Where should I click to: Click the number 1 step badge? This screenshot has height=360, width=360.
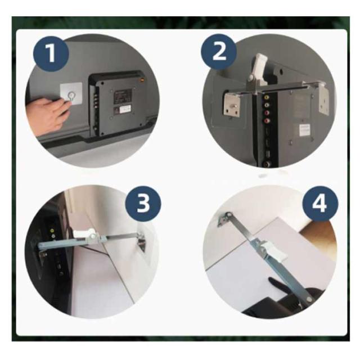click(x=51, y=53)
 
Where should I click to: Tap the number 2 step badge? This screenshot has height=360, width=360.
click(x=219, y=52)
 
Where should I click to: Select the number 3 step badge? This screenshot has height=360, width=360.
click(x=143, y=204)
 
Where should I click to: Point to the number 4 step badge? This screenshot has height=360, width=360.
click(x=320, y=204)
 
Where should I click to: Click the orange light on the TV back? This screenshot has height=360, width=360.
click(x=142, y=80)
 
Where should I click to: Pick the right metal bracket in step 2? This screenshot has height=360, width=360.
click(x=324, y=98)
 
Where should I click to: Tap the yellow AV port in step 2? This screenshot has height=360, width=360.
click(x=266, y=97)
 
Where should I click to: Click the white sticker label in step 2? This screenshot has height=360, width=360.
click(x=305, y=130)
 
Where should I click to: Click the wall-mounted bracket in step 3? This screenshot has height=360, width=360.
click(x=141, y=241)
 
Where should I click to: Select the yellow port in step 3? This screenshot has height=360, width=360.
click(x=52, y=230)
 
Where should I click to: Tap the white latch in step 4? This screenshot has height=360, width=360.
click(x=276, y=251)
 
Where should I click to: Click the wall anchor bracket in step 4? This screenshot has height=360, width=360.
click(x=224, y=219)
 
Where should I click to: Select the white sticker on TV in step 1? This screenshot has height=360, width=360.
click(x=125, y=109)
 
